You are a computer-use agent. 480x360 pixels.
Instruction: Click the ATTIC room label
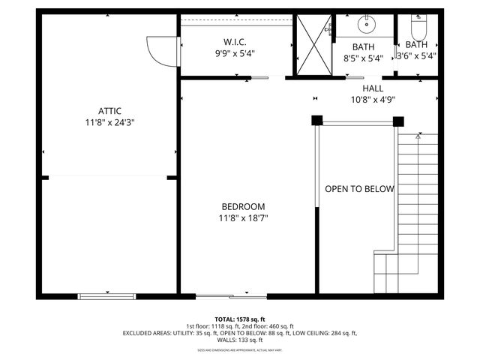click(109, 111)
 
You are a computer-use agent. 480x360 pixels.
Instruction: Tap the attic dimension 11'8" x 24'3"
click(109, 122)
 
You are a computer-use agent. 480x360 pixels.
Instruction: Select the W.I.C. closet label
click(235, 42)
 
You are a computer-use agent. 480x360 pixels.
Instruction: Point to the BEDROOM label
click(243, 207)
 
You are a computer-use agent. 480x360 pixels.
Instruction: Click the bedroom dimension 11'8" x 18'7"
click(243, 219)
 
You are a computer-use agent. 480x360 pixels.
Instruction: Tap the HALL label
click(373, 88)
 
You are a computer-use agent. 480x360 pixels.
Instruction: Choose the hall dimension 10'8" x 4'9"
click(373, 99)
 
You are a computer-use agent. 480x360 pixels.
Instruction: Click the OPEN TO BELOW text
click(358, 189)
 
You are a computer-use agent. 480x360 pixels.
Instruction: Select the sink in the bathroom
click(366, 25)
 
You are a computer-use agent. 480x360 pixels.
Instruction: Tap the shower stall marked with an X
click(311, 44)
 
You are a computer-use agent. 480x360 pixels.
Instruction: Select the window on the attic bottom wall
click(108, 296)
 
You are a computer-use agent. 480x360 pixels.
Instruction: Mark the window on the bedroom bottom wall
click(220, 296)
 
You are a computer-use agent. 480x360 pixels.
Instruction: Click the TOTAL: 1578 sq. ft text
click(239, 319)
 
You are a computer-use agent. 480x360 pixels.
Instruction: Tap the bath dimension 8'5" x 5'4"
click(363, 57)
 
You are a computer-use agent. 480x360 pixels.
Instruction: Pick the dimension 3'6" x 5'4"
click(416, 55)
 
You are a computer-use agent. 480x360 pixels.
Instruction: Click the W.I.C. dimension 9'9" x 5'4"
click(235, 54)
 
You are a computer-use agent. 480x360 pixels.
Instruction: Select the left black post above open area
click(317, 120)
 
